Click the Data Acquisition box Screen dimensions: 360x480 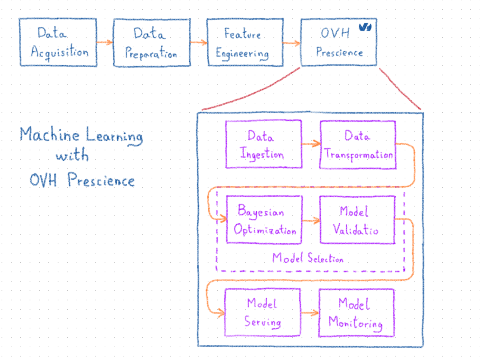tap(58, 42)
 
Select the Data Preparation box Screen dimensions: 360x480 tap(151, 42)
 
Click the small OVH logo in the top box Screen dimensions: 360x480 tap(364, 28)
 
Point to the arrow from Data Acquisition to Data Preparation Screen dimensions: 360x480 tap(105, 42)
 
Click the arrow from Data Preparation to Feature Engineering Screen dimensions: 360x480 tap(198, 42)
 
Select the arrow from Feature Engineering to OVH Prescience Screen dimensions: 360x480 tap(291, 43)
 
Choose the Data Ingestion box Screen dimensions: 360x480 tap(264, 144)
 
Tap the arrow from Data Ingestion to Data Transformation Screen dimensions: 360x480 tap(311, 143)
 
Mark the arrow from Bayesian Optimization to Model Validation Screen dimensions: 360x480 tap(311, 220)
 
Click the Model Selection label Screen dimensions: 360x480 tap(308, 258)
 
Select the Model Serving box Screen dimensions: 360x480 tap(263, 312)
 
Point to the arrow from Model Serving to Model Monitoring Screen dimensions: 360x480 tap(310, 313)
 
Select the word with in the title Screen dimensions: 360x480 tap(72, 156)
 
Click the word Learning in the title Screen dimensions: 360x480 tap(114, 136)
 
